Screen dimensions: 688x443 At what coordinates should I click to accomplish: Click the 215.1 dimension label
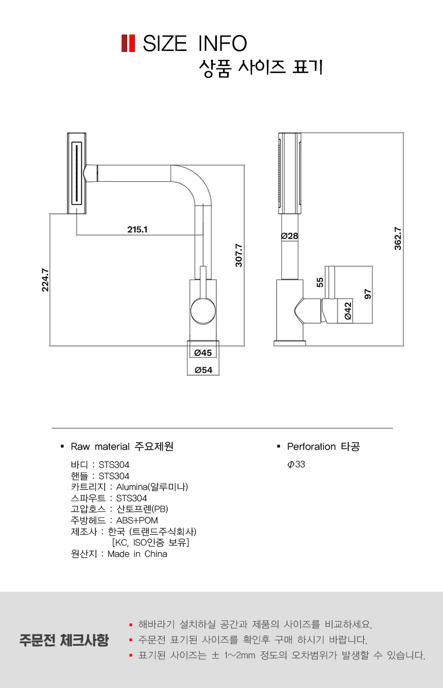[138, 230]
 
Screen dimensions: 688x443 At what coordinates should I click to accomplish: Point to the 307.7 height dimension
[238, 255]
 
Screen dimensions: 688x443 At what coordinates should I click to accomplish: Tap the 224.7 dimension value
[45, 280]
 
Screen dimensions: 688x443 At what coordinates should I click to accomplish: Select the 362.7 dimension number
[398, 238]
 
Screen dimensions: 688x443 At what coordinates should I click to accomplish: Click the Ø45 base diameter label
[203, 353]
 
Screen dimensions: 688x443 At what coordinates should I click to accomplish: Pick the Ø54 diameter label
[203, 370]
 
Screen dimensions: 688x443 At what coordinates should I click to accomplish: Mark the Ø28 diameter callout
[289, 236]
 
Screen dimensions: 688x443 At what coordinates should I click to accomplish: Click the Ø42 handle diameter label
[348, 312]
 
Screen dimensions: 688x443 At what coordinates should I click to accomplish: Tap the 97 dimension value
[368, 294]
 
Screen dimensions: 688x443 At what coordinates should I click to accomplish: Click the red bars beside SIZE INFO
[128, 43]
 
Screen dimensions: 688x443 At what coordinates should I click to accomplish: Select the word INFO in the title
[222, 44]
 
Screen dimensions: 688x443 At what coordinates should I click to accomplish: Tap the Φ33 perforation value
[296, 464]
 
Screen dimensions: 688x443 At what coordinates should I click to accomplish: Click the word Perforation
[311, 446]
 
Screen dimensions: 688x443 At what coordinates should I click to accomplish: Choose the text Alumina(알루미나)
[152, 487]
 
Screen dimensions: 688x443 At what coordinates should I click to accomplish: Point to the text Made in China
[138, 554]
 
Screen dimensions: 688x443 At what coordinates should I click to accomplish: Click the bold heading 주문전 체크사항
[64, 640]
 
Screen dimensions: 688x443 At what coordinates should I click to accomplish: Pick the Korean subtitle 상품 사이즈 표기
[261, 68]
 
